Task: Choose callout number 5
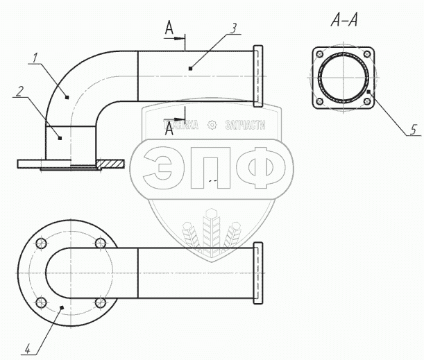click(414, 128)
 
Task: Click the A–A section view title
click(344, 22)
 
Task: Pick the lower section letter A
click(169, 131)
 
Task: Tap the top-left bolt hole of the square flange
click(319, 54)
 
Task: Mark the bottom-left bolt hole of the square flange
click(319, 103)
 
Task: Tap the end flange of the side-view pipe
click(260, 76)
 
